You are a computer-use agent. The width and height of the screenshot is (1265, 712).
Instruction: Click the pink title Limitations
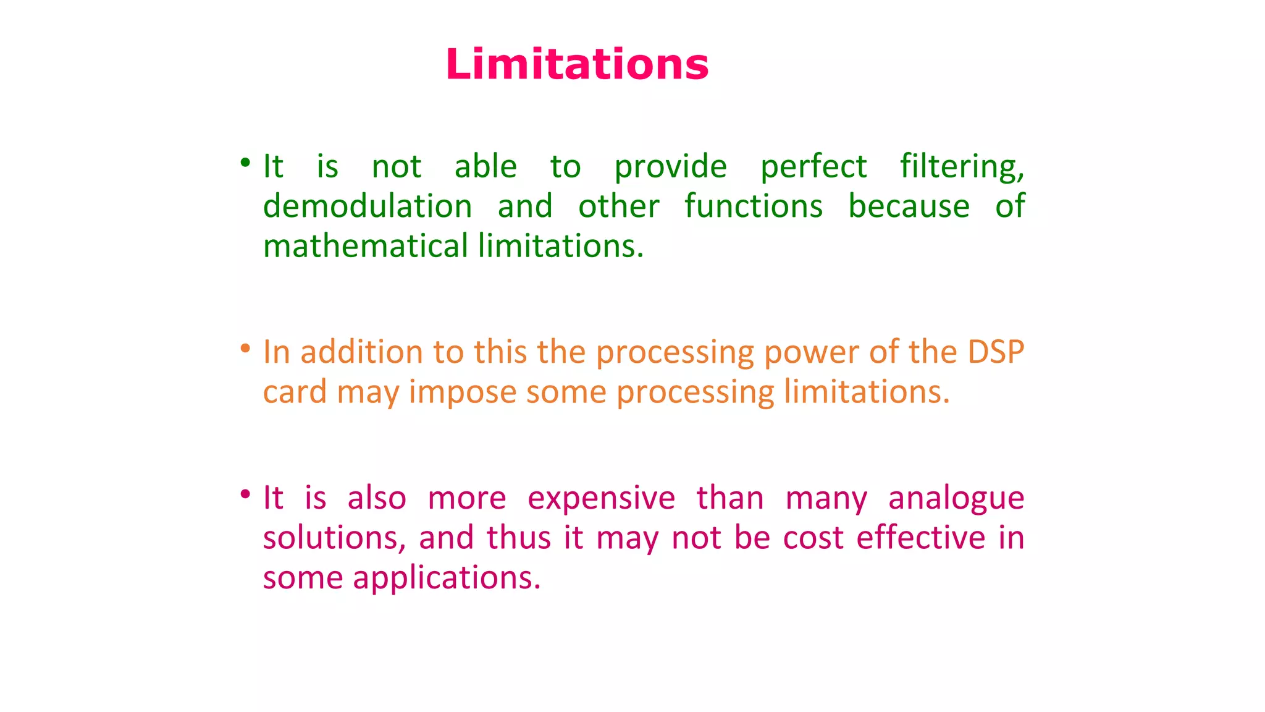pos(577,64)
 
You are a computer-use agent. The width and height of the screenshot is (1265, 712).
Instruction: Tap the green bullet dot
pos(245,163)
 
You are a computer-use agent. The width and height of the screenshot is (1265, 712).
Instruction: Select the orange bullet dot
pos(245,349)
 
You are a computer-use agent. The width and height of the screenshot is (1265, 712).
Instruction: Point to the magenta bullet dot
pos(245,494)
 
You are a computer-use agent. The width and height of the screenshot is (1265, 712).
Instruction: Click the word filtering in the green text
pos(962,167)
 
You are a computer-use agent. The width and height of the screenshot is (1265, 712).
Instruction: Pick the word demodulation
pos(368,206)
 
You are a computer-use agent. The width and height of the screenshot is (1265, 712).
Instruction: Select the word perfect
pos(813,167)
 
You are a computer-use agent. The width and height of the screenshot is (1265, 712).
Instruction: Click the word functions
pos(754,206)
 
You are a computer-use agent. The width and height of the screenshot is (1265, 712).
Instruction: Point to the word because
pos(909,206)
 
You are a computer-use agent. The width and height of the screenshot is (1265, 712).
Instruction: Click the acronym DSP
pos(996,352)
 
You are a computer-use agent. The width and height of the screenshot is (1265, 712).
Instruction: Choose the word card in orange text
pos(295,392)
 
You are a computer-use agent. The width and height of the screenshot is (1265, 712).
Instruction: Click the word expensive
pos(601,499)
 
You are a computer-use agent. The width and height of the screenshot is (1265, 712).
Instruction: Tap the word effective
pos(920,538)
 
